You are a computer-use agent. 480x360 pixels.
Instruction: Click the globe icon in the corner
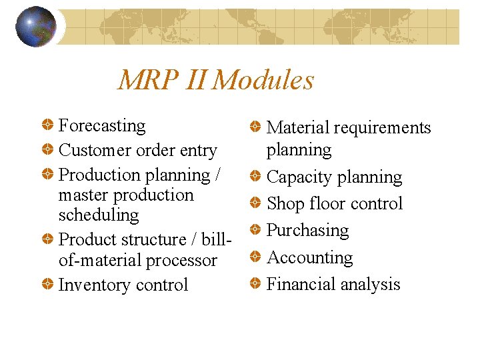pos(35,27)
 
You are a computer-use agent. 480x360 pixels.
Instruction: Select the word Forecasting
pos(102,125)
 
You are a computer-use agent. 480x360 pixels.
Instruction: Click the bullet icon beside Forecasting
pos(48,125)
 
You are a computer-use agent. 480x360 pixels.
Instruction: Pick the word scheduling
pos(99,215)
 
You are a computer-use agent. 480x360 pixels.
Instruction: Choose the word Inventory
pos(93,285)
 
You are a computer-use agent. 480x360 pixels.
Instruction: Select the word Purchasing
pos(307,231)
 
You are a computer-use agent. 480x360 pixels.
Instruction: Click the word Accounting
pos(309,257)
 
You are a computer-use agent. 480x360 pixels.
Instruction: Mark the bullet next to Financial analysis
pos(256,284)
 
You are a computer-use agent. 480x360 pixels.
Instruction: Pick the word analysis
pos(369,285)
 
